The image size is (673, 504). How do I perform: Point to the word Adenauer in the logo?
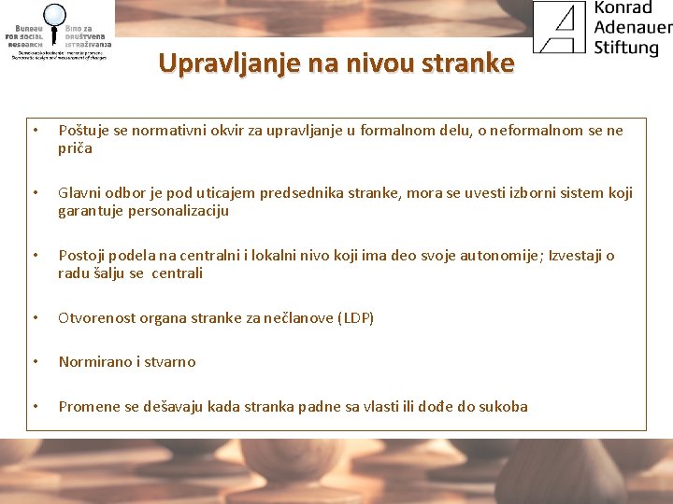(633, 27)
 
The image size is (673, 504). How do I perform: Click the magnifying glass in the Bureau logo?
(54, 16)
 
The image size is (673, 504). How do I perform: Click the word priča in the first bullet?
(76, 148)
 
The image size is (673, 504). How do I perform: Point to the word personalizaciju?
(178, 211)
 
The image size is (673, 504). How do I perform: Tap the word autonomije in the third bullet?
(501, 256)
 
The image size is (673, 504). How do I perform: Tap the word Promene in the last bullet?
(88, 407)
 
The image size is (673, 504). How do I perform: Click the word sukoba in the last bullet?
(505, 407)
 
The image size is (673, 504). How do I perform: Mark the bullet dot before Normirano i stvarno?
(35, 362)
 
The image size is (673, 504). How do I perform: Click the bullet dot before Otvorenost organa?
(35, 318)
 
